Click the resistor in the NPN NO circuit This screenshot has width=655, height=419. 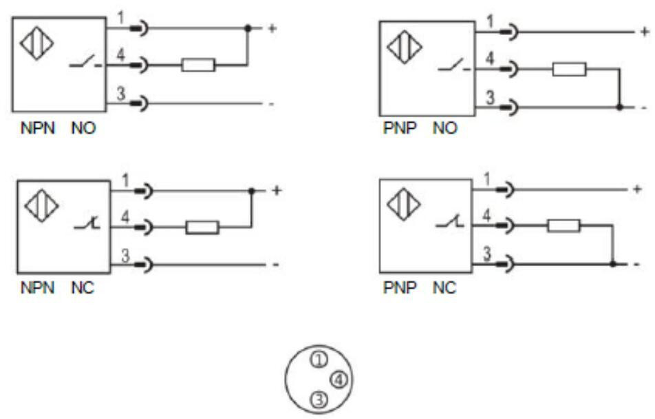coord(198,65)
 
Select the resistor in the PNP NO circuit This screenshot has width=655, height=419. coord(569,69)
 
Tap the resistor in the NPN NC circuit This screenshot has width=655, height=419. coord(202,227)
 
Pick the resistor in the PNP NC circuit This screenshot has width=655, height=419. coord(563,225)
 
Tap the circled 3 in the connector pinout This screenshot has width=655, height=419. coord(317,398)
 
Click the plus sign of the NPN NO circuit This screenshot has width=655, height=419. coord(272,29)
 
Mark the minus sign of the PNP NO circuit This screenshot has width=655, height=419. coord(643,108)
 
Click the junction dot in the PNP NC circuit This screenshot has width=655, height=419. coord(612,263)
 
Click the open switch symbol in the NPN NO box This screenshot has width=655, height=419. coord(84,64)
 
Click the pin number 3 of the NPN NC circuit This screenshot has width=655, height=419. coord(125,255)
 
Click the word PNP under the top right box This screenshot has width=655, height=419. coord(397,129)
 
